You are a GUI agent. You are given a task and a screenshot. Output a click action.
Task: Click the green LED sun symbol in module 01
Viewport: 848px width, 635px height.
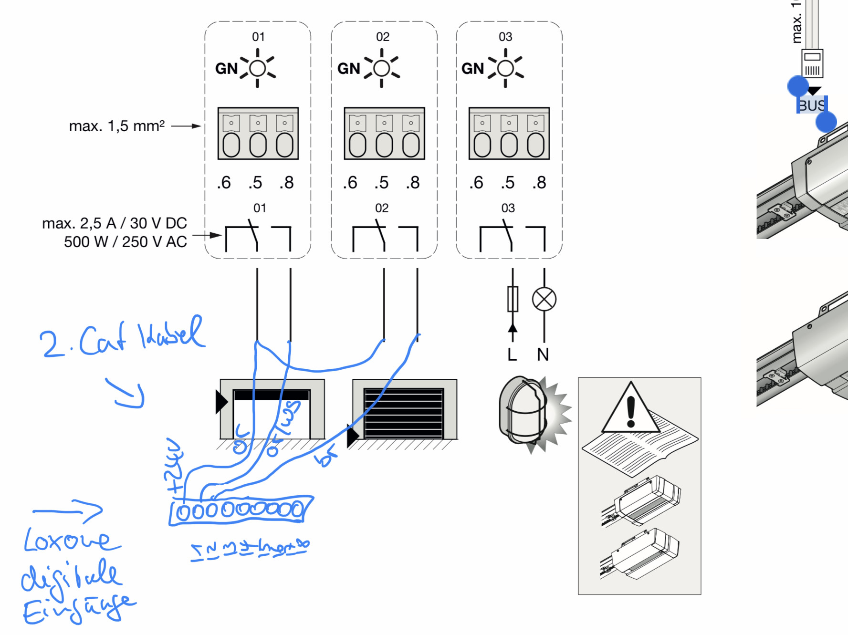pos(258,68)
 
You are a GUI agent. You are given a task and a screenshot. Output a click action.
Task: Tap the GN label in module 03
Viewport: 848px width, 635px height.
pos(472,69)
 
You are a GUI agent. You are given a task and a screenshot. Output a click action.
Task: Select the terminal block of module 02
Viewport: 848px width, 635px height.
pos(384,134)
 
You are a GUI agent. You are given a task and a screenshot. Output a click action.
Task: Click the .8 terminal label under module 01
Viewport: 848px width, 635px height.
pos(286,183)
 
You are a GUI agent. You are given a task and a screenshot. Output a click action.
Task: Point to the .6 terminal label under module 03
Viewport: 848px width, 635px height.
pos(476,183)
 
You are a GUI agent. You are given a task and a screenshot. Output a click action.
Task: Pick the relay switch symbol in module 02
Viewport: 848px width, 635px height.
pos(385,237)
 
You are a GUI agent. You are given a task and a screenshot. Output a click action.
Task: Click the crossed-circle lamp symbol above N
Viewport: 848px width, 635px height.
pos(544,300)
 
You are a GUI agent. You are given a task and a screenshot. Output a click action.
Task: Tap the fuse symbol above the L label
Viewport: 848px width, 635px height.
pos(513,299)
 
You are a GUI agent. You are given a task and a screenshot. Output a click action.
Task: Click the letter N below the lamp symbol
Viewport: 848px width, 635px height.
pos(543,354)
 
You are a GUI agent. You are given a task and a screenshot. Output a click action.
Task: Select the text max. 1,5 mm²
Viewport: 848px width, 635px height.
pos(117,126)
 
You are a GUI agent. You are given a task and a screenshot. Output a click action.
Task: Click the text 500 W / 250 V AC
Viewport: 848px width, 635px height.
pos(126,242)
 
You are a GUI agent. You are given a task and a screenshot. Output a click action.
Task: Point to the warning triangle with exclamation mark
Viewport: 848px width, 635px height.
pos(630,409)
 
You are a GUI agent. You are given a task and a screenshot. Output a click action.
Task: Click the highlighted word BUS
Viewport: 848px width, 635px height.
pos(812,105)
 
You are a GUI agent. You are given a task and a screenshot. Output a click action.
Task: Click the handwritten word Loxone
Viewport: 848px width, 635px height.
pos(72,541)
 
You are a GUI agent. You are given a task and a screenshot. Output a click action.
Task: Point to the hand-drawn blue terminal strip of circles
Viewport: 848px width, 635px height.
pos(241,510)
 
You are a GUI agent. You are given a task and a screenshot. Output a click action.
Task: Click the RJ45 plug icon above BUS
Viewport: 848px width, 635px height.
pos(812,63)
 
